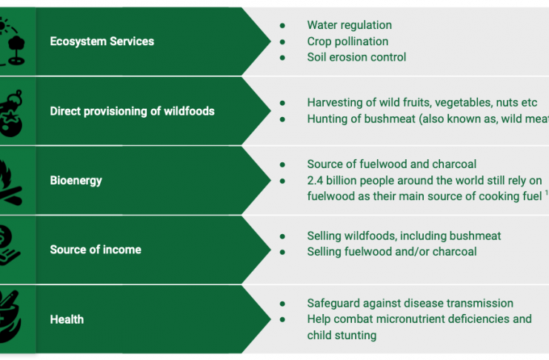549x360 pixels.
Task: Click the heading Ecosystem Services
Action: (x=102, y=41)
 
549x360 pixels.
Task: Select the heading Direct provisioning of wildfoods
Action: (x=132, y=111)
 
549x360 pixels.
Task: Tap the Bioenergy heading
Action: (x=76, y=180)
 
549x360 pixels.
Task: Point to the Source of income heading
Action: (x=96, y=250)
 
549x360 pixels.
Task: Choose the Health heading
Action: (x=67, y=319)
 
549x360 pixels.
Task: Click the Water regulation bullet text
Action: (x=350, y=25)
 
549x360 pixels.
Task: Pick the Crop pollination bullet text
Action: (x=347, y=41)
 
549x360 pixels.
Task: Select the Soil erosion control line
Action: (x=356, y=57)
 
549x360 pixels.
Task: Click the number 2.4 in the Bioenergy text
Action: (x=315, y=180)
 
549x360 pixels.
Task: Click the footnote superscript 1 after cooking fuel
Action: (x=546, y=193)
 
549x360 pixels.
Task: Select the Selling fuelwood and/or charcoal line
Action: (x=392, y=251)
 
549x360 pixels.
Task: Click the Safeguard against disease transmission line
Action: (x=410, y=303)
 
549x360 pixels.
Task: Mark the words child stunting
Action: (x=342, y=335)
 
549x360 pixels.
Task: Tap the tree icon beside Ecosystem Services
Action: (x=16, y=50)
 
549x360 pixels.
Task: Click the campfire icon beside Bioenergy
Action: (x=10, y=184)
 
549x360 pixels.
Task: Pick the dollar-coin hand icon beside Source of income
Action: (x=9, y=244)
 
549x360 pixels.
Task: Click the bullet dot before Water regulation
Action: (x=282, y=25)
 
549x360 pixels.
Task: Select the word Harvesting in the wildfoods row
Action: (x=333, y=103)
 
